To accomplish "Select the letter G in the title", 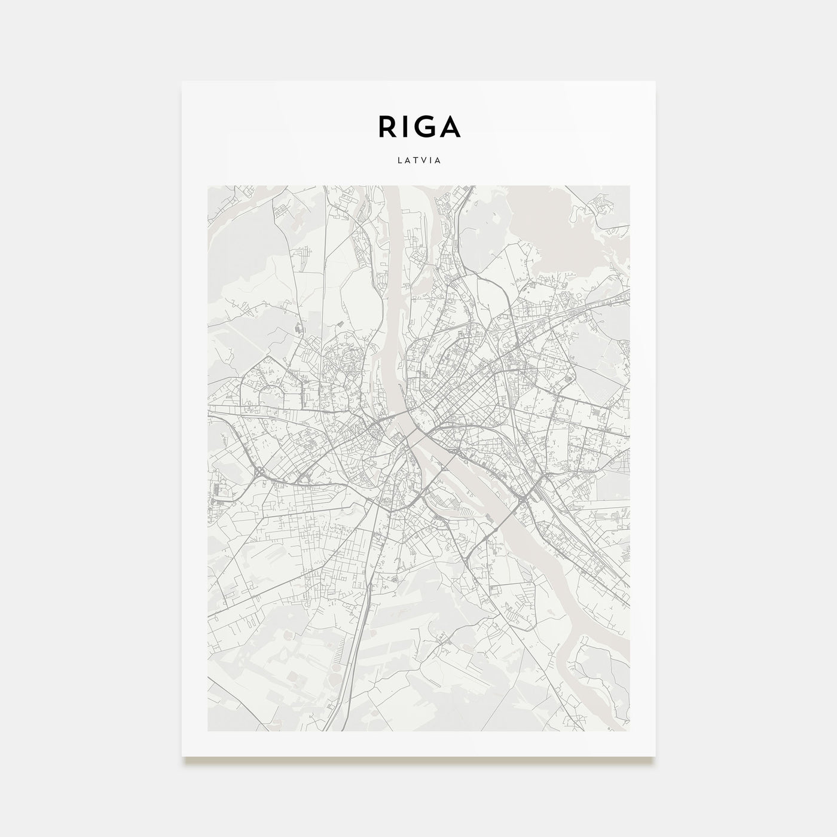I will pyautogui.click(x=424, y=126).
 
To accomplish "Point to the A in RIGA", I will pyautogui.click(x=449, y=126).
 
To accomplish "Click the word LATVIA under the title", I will pyautogui.click(x=418, y=161).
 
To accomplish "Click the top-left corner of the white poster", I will pyautogui.click(x=182, y=81).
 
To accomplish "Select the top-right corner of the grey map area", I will pyautogui.click(x=630, y=186).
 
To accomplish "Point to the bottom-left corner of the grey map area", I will pyautogui.click(x=207, y=731).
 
